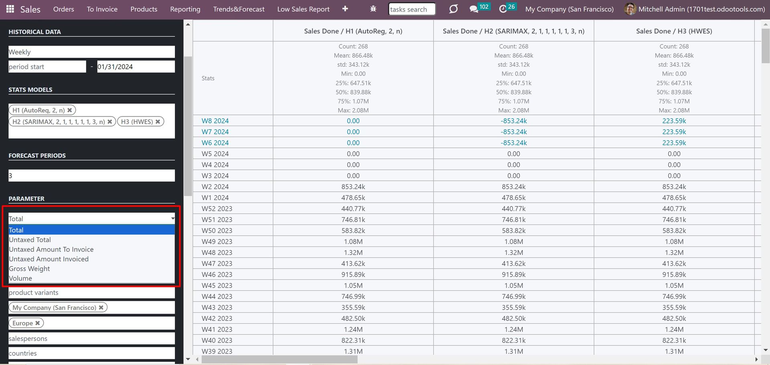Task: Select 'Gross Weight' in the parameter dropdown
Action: coord(29,269)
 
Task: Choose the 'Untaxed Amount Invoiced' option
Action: coord(49,259)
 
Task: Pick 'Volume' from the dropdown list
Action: coord(20,278)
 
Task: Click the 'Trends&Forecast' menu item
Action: coord(239,9)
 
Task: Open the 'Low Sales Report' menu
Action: coord(303,9)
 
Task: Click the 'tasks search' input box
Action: coord(412,9)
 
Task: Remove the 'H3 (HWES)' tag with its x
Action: coord(158,122)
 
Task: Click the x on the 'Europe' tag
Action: coord(38,323)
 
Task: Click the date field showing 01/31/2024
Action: coord(136,67)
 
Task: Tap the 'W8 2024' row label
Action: coord(215,121)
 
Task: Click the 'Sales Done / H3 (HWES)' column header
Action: coord(674,31)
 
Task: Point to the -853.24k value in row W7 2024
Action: coord(514,132)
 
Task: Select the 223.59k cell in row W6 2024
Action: coord(674,143)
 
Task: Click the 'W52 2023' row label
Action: coord(217,208)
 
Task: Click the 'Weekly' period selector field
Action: coord(91,52)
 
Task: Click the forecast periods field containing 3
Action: coord(91,175)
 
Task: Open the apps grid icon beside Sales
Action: coord(10,9)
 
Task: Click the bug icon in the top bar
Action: coord(373,9)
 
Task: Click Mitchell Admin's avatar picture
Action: coord(630,9)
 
